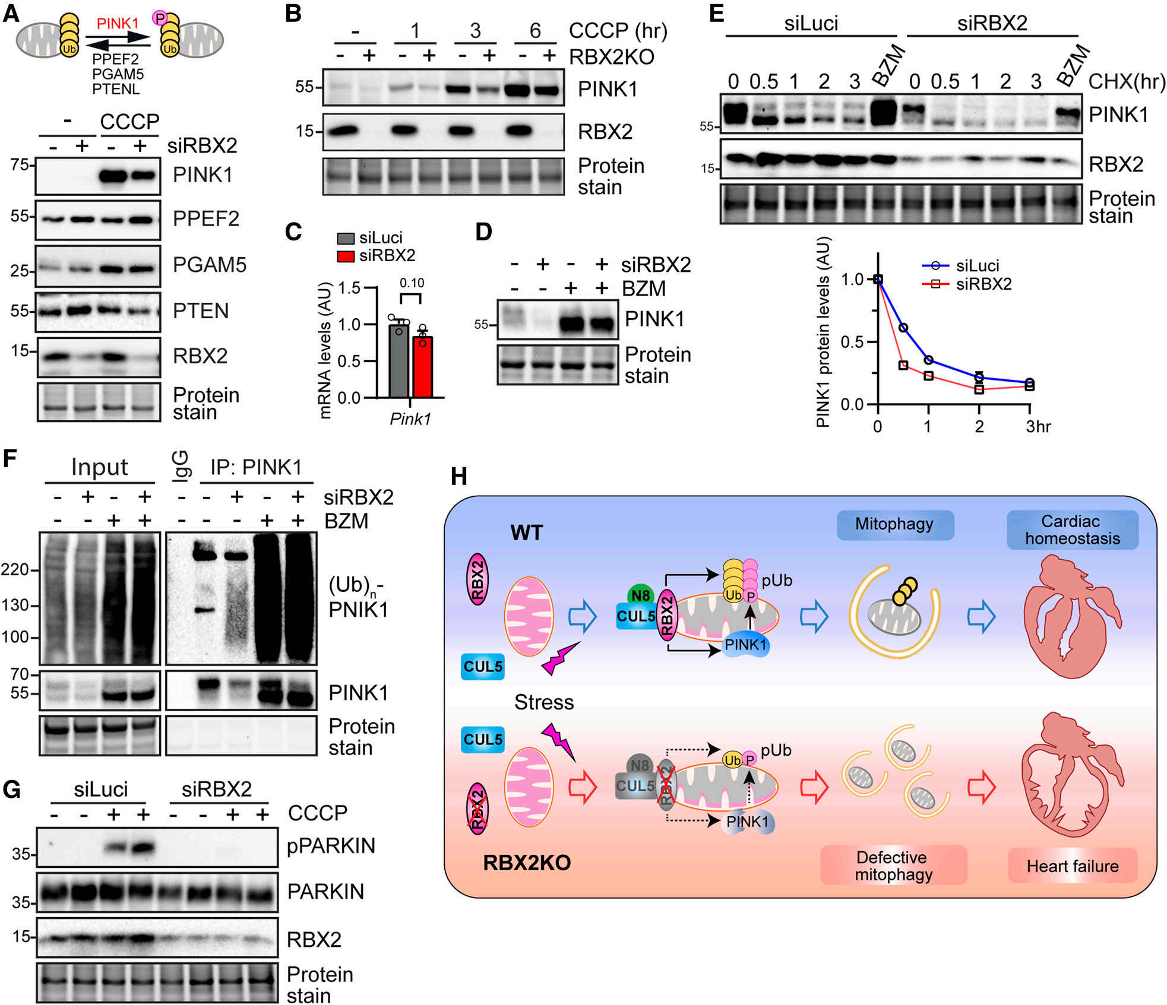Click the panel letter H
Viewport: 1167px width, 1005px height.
[459, 476]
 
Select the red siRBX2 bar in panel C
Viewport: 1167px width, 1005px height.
[422, 367]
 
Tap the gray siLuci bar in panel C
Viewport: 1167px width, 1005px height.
[399, 360]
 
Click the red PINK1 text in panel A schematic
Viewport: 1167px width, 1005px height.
[118, 23]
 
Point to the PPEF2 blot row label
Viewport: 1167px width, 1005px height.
[206, 218]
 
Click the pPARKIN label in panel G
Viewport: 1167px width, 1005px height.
[331, 845]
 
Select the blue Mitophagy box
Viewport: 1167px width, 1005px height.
[895, 525]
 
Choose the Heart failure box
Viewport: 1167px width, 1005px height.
[1073, 866]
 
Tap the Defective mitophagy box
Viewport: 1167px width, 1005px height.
[894, 865]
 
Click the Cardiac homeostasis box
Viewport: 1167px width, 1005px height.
[1073, 530]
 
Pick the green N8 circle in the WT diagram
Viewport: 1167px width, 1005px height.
[640, 595]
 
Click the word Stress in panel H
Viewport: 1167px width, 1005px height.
[544, 702]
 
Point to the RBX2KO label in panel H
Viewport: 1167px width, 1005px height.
[527, 863]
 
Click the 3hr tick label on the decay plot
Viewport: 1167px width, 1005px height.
[1038, 426]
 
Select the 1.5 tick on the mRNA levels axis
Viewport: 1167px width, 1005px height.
[350, 288]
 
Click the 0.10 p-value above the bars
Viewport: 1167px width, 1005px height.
[412, 283]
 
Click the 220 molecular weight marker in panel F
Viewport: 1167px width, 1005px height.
[15, 570]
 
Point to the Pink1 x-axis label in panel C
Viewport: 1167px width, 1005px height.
[410, 419]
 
